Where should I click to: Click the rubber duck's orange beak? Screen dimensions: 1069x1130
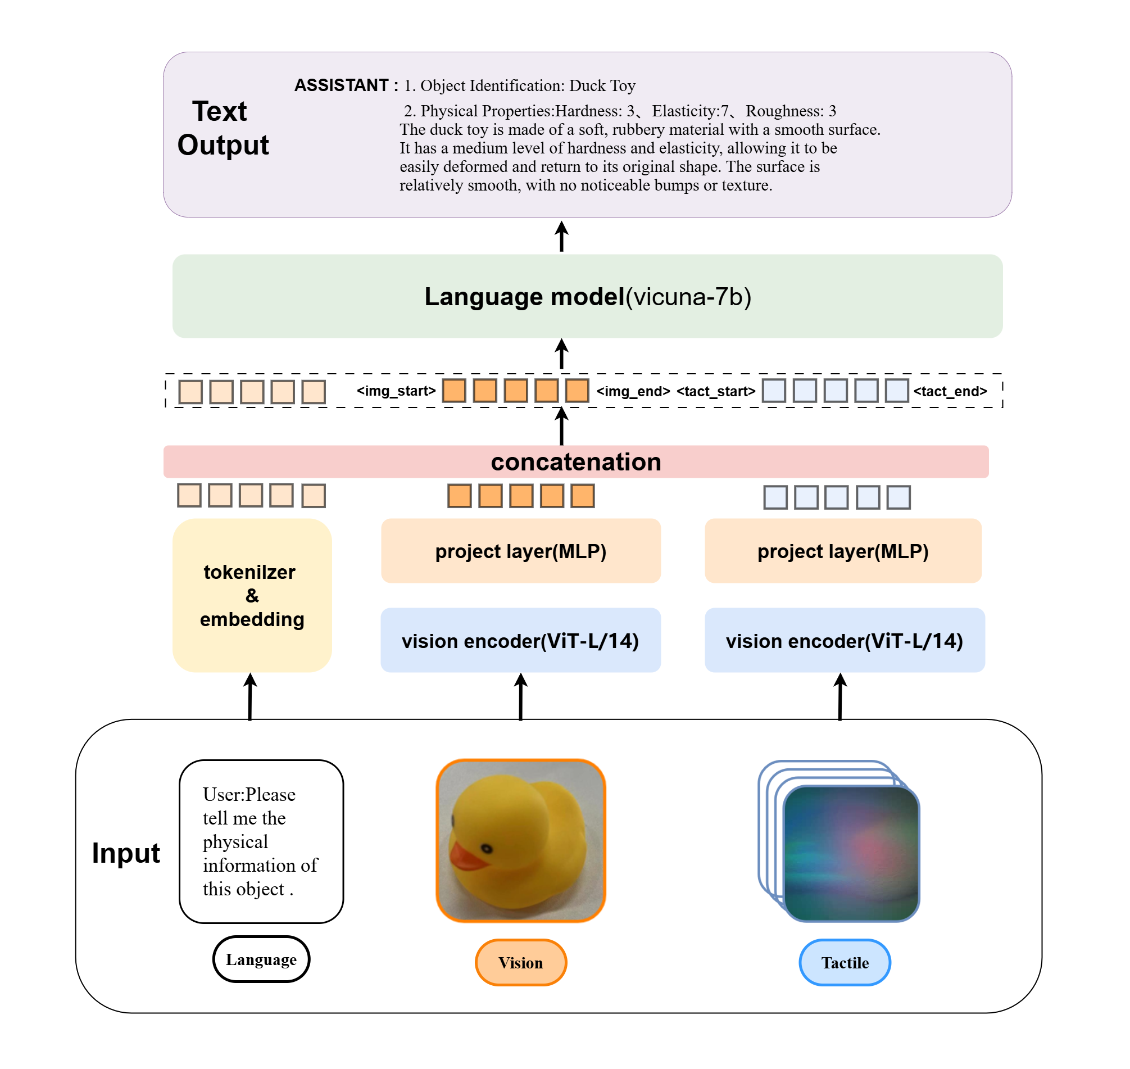pos(466,856)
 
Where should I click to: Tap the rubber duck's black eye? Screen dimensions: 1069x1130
pos(487,849)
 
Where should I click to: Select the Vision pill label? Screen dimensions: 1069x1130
pos(520,962)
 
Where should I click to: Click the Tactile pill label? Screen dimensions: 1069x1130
pos(845,962)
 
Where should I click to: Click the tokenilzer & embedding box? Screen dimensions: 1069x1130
pos(252,595)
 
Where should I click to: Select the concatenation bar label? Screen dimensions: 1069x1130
pos(576,461)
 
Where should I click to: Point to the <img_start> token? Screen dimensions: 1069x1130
pos(396,391)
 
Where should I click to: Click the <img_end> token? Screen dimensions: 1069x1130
pos(633,392)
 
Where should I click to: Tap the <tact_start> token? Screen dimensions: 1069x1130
pos(715,392)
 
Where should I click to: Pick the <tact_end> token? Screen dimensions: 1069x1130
pos(950,392)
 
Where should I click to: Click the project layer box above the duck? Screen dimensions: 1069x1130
pos(520,551)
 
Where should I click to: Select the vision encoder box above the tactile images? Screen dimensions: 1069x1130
pos(844,641)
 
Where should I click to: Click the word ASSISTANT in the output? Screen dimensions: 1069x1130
pos(341,85)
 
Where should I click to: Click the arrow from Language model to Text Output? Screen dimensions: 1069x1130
pos(561,237)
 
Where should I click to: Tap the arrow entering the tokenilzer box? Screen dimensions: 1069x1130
pos(250,696)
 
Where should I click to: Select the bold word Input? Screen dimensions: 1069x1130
pos(126,853)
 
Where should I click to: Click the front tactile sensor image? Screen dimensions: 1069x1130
pos(851,853)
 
